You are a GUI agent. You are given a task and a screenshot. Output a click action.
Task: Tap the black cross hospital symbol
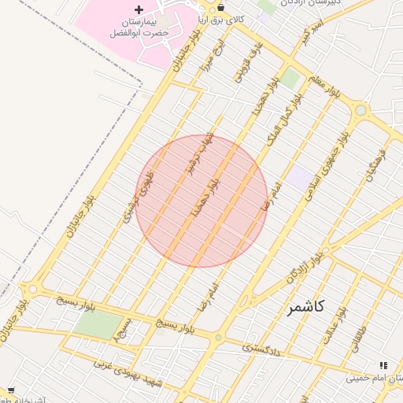tap(139, 9)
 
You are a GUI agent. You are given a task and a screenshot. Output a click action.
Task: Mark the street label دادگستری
tap(261, 346)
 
